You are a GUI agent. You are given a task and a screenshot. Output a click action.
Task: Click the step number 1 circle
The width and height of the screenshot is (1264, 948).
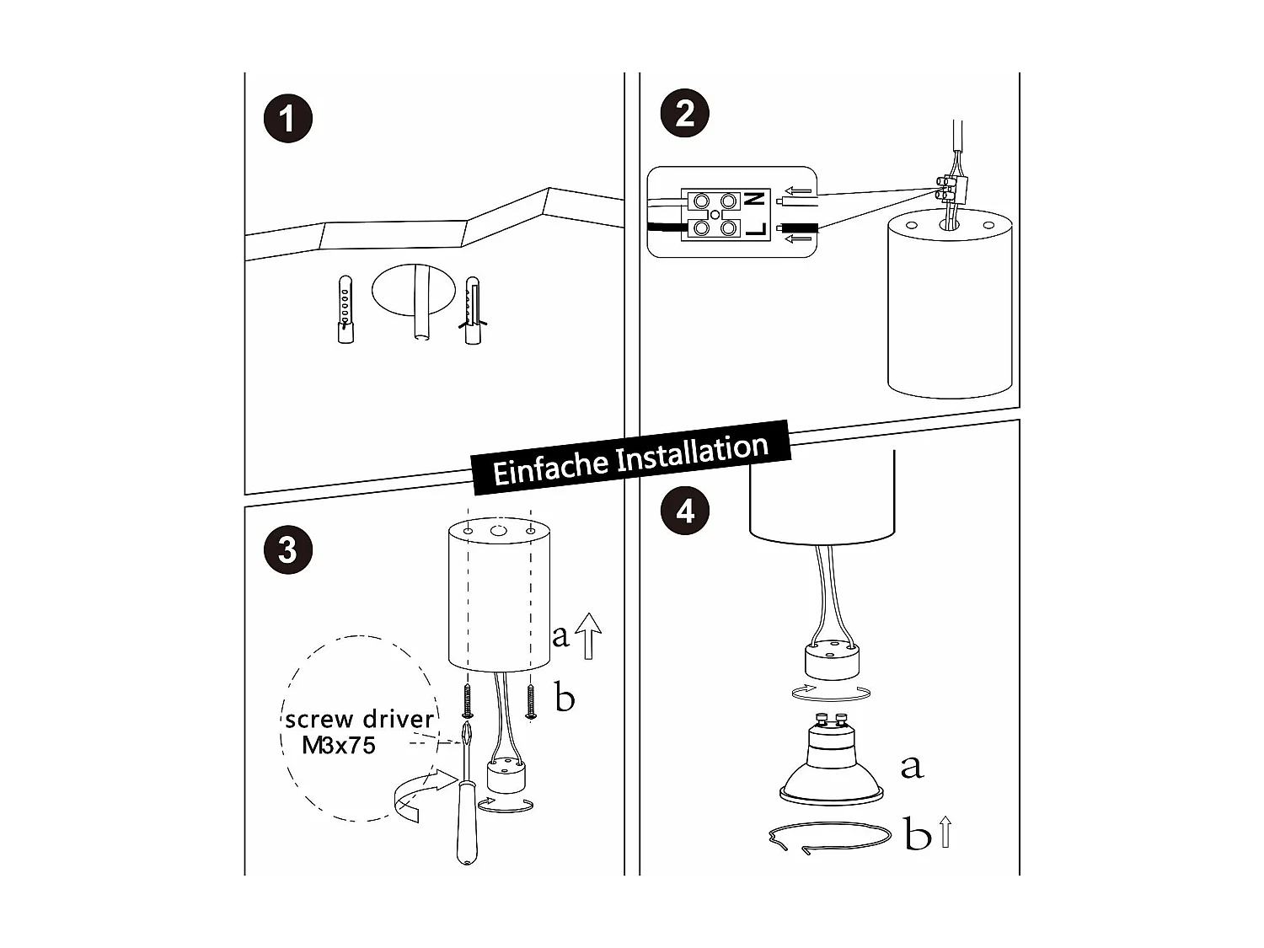(x=287, y=118)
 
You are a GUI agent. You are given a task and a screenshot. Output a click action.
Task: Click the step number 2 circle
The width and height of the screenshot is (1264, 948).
(x=685, y=113)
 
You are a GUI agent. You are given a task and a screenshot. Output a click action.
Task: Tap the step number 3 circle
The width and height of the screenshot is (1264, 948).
(x=287, y=550)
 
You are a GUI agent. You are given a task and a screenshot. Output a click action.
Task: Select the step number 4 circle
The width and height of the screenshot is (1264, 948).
(x=685, y=511)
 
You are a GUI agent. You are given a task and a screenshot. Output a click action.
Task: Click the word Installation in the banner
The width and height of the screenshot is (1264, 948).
(x=693, y=452)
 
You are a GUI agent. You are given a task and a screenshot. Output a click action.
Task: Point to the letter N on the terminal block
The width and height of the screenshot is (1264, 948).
(x=756, y=200)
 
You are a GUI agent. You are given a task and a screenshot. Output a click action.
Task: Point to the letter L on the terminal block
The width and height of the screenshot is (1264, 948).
(x=756, y=228)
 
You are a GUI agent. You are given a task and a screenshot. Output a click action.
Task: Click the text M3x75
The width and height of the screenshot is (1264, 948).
(x=338, y=745)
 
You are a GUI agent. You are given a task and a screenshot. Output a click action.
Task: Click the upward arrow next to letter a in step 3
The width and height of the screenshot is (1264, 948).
(x=589, y=635)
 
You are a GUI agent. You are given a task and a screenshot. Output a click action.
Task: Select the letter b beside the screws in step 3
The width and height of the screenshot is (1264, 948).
(x=565, y=699)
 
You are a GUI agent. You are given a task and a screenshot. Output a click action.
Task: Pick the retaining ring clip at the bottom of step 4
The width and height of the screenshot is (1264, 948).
(x=830, y=838)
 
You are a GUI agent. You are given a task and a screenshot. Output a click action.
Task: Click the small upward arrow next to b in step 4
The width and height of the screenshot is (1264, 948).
(x=945, y=832)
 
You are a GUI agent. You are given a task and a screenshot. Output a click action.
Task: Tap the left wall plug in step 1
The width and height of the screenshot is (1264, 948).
(x=345, y=308)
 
